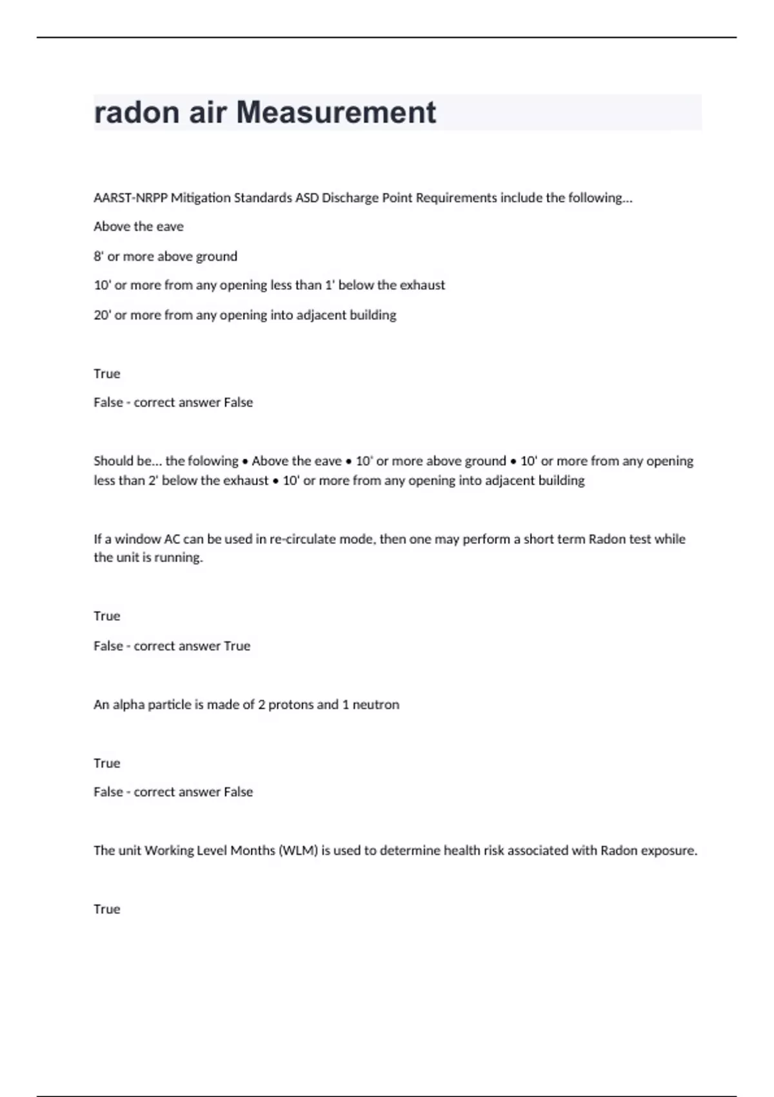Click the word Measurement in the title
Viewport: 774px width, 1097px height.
click(336, 112)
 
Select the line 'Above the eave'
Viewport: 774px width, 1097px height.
click(139, 226)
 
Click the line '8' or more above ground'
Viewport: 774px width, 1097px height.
click(165, 256)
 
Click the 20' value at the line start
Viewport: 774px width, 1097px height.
click(102, 315)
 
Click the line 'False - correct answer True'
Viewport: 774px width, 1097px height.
click(172, 646)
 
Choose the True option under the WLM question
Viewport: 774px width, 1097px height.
click(107, 909)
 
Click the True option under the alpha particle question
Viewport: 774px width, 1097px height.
click(107, 763)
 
